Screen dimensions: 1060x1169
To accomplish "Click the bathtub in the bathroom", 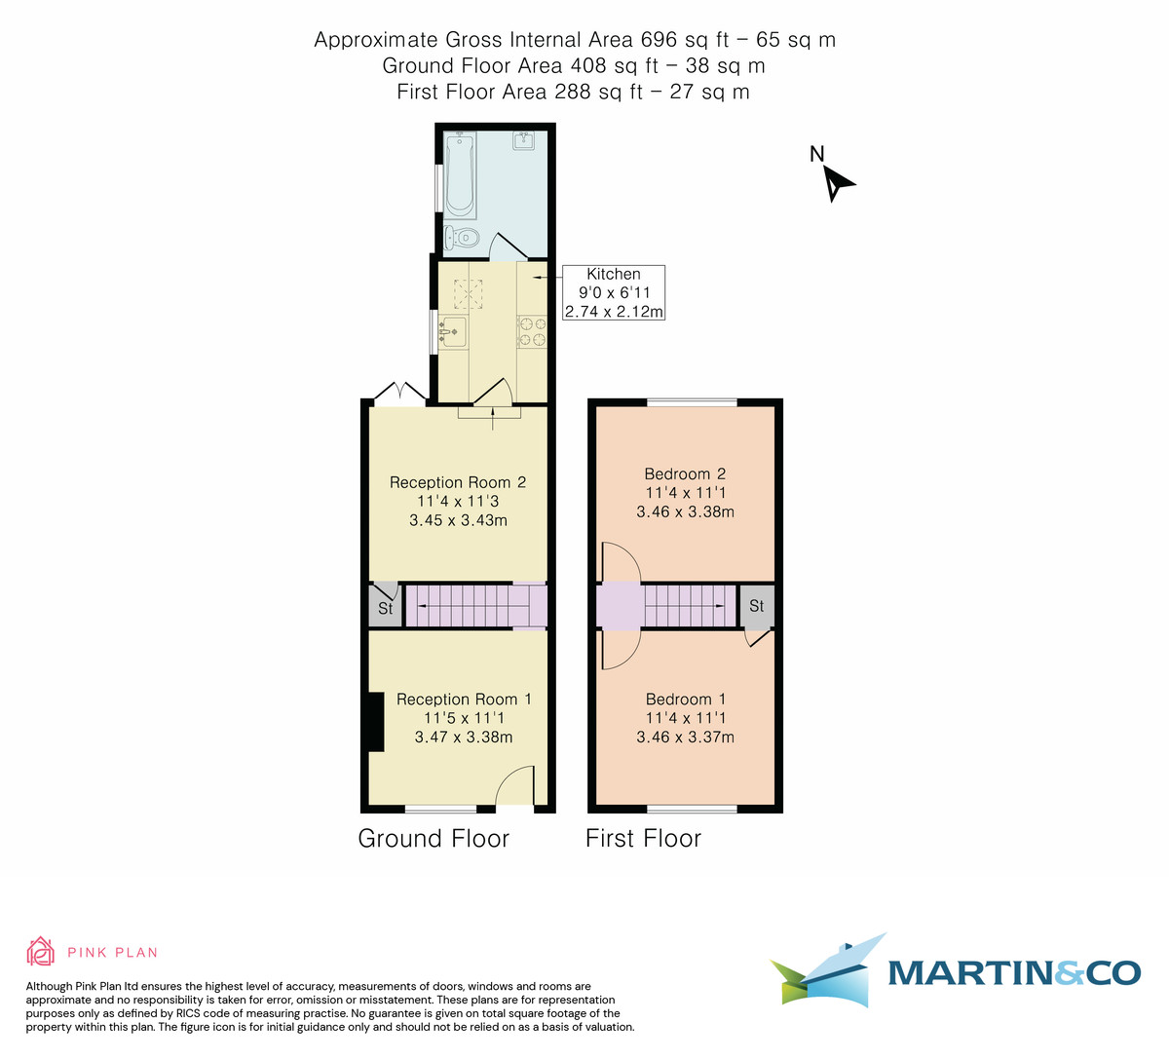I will coord(460,175).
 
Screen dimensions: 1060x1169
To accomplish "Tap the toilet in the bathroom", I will coord(462,237).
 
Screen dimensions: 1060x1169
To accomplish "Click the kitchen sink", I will coord(453,333).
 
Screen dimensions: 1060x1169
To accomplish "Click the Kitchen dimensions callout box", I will coord(614,293).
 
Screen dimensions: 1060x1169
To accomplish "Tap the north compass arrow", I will coord(837,182).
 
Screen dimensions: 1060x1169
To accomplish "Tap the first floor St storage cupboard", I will coord(757,606).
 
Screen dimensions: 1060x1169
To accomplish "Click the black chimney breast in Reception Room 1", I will coord(372,722).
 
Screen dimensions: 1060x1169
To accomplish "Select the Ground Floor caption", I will coord(434,839).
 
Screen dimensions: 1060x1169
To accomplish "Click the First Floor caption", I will coord(643,839).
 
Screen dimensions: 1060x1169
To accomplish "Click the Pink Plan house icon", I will coord(39,952).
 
